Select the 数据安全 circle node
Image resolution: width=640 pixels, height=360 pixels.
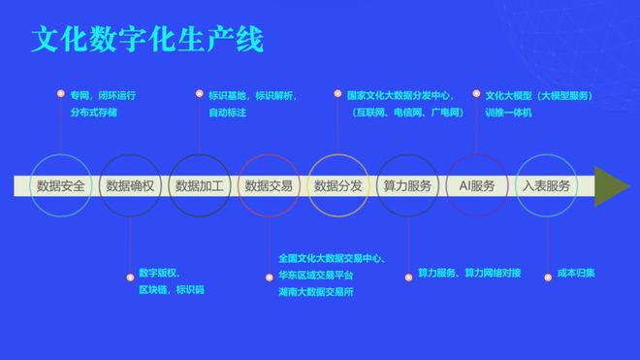60,185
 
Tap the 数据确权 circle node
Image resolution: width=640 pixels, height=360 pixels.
130,185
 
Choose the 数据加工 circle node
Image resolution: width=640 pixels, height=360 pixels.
200,185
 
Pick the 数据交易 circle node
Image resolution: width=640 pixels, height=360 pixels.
269,185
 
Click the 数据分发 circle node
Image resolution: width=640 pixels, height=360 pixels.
338,185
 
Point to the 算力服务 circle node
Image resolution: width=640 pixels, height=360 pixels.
407,185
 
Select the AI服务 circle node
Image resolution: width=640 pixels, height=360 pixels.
476,185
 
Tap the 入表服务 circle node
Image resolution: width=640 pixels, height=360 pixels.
546,185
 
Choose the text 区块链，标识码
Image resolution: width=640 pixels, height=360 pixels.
171,290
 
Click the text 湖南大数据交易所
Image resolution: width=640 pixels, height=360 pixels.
315,291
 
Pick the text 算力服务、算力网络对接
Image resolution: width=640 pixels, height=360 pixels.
469,274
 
